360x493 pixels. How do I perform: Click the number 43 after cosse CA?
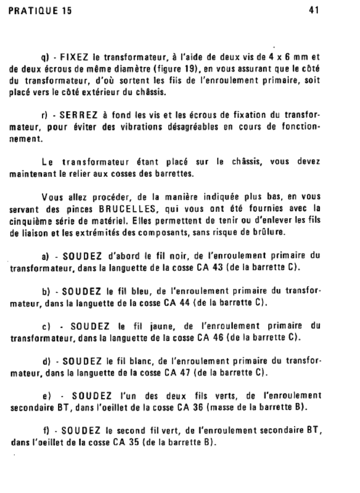pyautogui.click(x=217, y=267)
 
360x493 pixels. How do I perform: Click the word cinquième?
pyautogui.click(x=29, y=221)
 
